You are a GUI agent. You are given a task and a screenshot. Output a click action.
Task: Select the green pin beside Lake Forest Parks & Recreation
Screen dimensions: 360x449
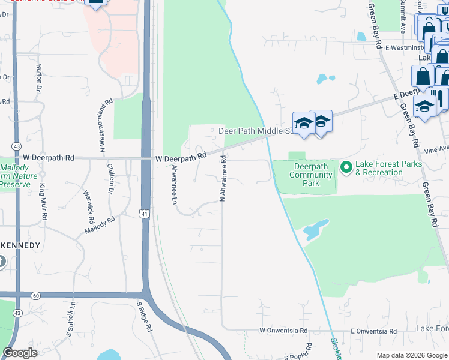tap(346, 167)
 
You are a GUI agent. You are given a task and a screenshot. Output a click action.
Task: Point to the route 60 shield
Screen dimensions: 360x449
tap(35, 295)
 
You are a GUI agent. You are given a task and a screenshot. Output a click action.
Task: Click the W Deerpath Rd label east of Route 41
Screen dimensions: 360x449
tap(181, 157)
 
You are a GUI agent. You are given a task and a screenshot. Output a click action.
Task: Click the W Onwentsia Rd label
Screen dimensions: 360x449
tap(282, 331)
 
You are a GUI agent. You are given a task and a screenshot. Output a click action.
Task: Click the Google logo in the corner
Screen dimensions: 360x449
tap(20, 353)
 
